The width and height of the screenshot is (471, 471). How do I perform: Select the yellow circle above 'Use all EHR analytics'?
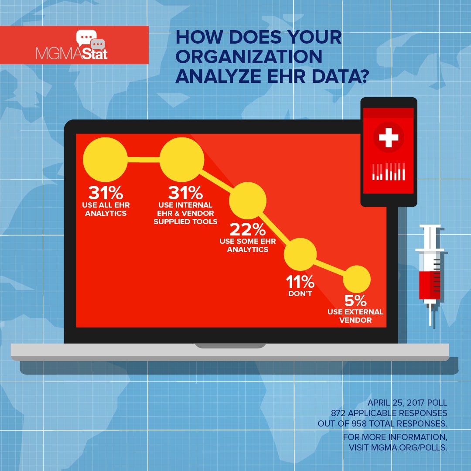105,159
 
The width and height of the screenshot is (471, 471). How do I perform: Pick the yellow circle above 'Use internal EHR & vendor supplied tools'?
182,160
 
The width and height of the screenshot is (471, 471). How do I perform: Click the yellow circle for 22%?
248,201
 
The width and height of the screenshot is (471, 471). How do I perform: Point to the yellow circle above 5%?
356,279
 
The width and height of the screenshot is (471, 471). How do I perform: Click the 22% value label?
248,229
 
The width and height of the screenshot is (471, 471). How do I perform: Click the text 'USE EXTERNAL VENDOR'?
356,316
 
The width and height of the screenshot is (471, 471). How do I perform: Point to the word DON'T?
300,294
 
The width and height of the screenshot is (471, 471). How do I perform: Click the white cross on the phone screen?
388,138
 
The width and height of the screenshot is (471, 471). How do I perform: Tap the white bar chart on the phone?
388,172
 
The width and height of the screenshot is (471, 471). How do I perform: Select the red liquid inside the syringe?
430,285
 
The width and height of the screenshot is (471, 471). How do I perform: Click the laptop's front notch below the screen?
230,346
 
